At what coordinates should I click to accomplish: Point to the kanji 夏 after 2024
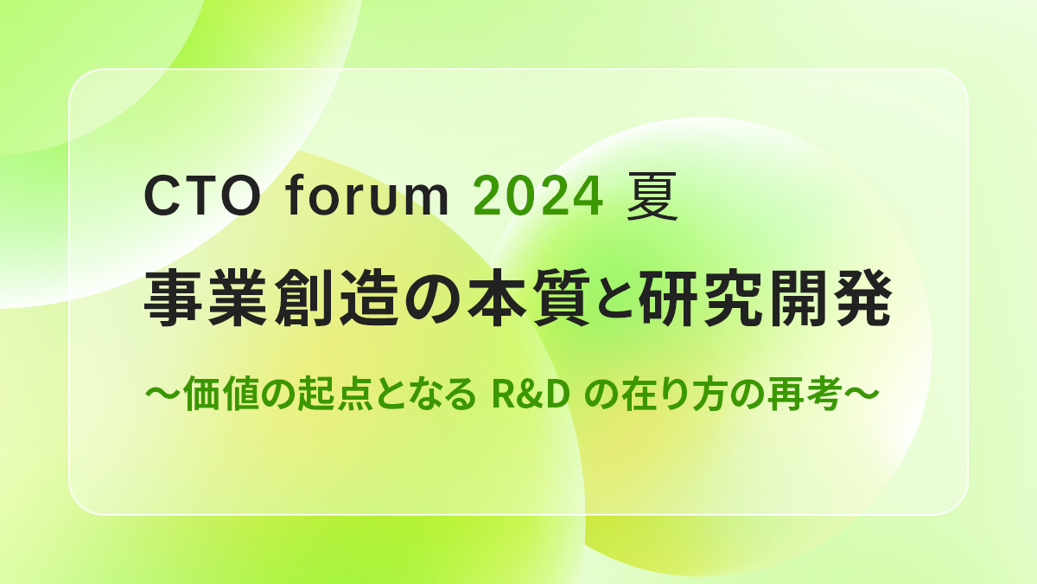click(x=652, y=196)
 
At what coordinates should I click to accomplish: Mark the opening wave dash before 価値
click(x=162, y=394)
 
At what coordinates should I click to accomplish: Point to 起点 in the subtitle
click(x=334, y=394)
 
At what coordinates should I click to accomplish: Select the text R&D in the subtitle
click(x=530, y=394)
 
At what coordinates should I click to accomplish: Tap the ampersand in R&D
click(x=530, y=394)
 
